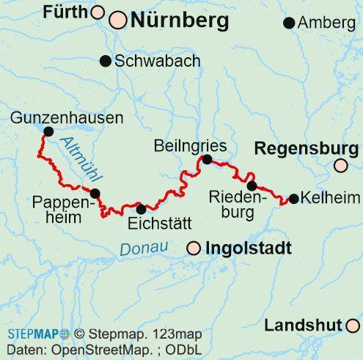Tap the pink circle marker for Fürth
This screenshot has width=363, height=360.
[x=98, y=12]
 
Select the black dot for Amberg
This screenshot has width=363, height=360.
[x=289, y=23]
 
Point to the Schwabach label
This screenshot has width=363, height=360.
[x=158, y=61]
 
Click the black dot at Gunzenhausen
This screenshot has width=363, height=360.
[x=48, y=131]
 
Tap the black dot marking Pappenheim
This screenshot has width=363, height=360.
[x=95, y=194]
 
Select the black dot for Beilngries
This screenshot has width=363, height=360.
[x=207, y=159]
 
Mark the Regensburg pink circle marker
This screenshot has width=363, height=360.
[x=340, y=166]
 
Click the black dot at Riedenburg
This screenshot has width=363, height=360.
[x=252, y=185]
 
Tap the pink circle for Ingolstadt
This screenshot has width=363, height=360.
[x=194, y=249]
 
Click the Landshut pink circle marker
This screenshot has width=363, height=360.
[x=353, y=325]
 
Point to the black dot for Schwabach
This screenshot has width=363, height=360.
[x=106, y=60]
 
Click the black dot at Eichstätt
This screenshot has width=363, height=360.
[x=142, y=209]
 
